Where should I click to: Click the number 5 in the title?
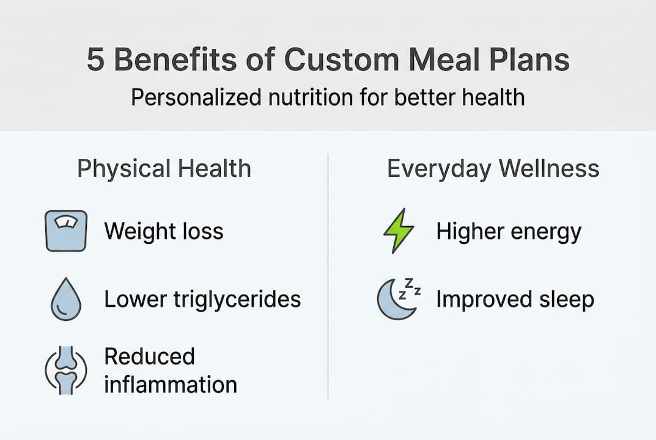pos(95,61)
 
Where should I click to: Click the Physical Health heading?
pos(164,169)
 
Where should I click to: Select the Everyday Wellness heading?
pos(493,169)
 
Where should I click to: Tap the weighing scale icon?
pos(66,231)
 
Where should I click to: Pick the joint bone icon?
pos(65,370)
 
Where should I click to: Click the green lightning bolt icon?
pos(399,231)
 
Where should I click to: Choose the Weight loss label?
pos(164,232)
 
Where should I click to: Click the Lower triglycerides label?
pos(202,299)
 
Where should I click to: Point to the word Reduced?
pos(149,356)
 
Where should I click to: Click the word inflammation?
pos(171,384)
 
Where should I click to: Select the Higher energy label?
pos(509,232)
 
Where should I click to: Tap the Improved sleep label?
pos(515,299)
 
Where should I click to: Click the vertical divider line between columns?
pos(328,275)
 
